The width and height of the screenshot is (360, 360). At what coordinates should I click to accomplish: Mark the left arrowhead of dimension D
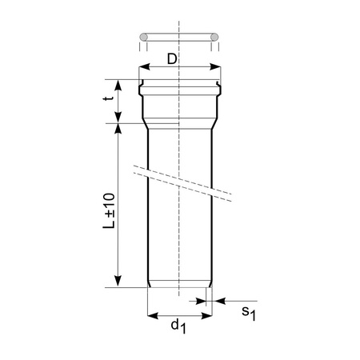pos(144,68)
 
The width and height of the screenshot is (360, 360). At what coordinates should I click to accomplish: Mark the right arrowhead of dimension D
pos(215,68)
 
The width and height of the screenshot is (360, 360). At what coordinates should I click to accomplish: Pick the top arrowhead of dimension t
pos(118,82)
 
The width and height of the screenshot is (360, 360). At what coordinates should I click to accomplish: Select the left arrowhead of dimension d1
pos(153,315)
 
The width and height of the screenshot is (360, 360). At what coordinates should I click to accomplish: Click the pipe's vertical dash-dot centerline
pos(180,240)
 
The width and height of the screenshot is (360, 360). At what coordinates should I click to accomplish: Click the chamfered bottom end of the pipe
pos(180,284)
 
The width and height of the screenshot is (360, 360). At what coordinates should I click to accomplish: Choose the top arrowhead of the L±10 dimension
pos(118,128)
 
